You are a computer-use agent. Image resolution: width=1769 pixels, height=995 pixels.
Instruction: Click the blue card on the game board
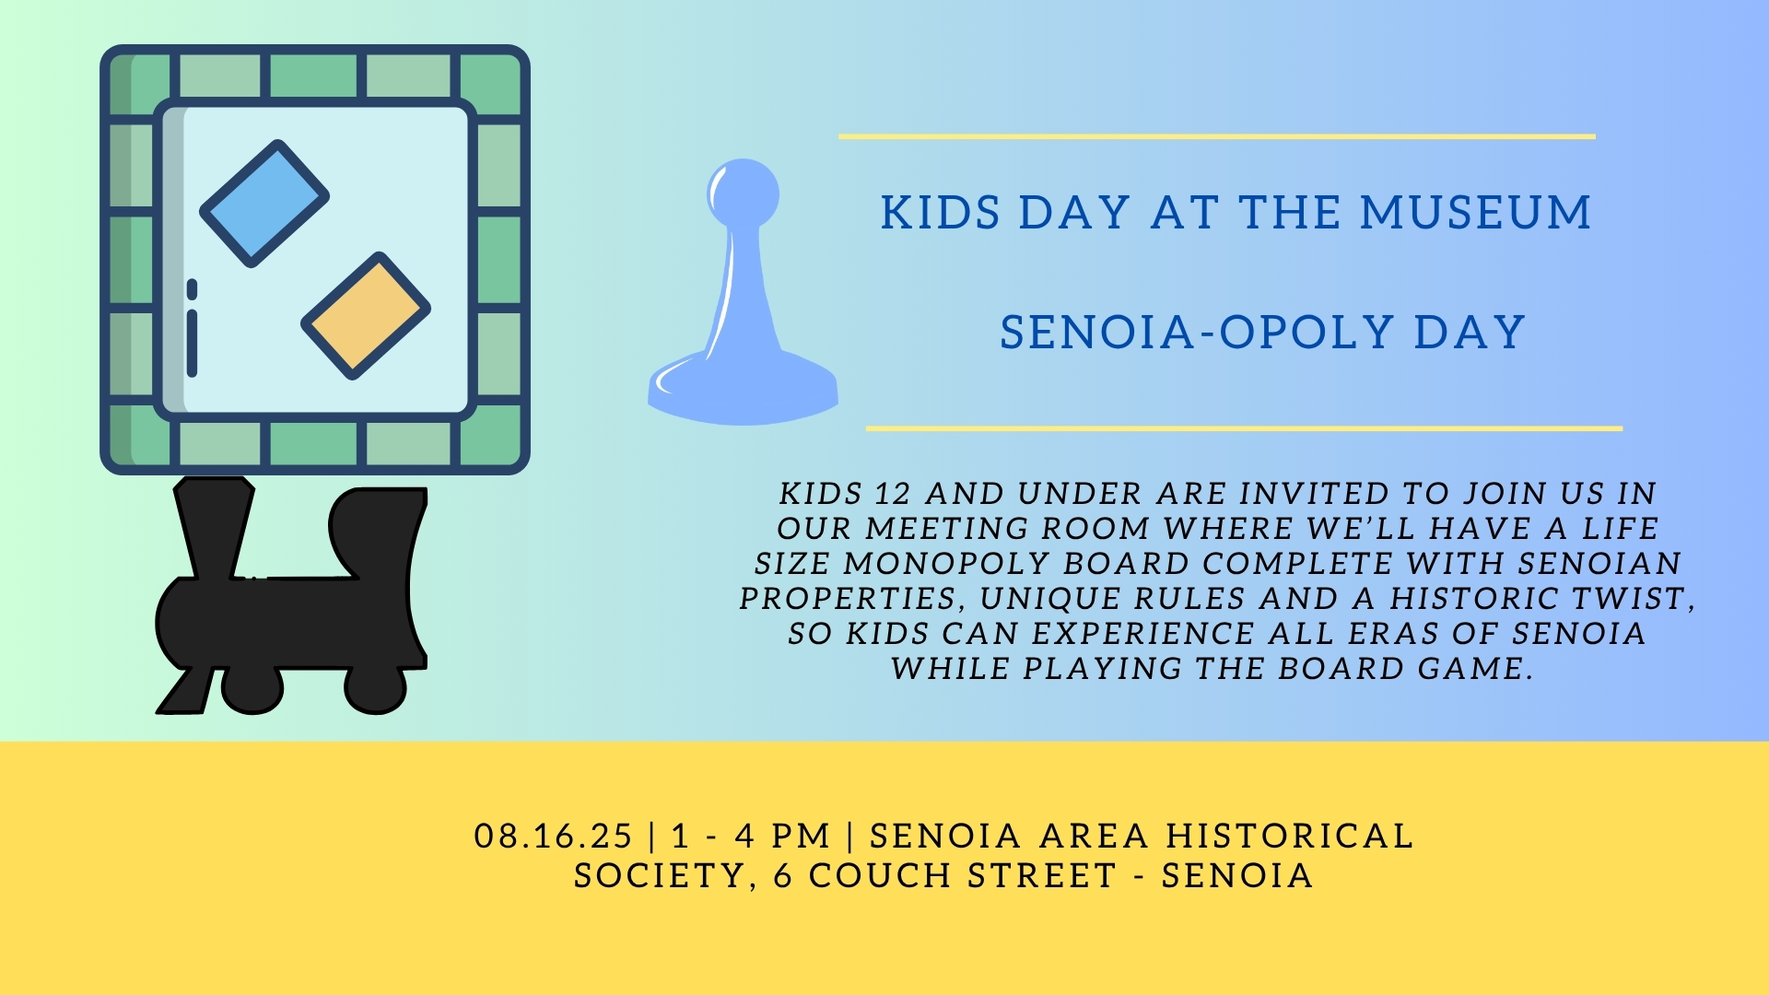pos(264,204)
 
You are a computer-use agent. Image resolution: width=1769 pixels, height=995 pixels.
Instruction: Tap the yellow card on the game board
pos(366,316)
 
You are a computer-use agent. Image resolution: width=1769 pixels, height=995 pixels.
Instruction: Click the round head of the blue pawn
pos(743,193)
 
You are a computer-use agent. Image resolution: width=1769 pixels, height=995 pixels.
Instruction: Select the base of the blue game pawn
pos(744,392)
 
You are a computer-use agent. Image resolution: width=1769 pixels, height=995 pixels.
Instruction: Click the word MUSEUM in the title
pos(1475,213)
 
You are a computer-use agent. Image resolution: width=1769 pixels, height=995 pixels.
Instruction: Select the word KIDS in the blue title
pos(940,213)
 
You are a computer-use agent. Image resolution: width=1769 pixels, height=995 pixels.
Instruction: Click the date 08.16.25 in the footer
pos(553,837)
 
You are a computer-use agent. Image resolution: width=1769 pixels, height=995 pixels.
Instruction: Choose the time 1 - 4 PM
pos(751,837)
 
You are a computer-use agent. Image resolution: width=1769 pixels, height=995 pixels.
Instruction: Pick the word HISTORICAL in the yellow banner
pos(1289,837)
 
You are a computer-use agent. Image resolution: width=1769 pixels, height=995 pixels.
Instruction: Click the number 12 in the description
pos(892,494)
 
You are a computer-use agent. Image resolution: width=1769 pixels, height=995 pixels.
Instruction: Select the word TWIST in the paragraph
pos(1632,599)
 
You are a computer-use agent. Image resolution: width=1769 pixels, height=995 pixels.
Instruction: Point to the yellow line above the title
pos(1216,136)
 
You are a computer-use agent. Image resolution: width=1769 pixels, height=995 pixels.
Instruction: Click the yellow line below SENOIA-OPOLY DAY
pos(1244,428)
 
